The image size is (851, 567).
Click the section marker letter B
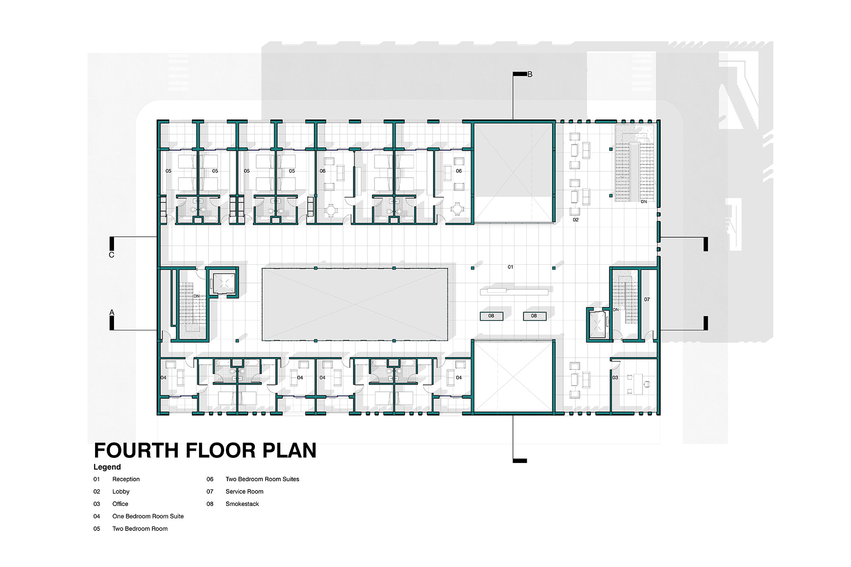530,74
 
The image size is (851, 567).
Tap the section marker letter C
112,255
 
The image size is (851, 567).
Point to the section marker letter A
112,312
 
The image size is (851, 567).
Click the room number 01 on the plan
511,267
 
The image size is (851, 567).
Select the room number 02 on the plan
576,220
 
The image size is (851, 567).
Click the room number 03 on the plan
615,378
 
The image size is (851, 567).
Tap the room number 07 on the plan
647,299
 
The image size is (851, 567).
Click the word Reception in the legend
126,479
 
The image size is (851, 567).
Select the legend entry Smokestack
242,504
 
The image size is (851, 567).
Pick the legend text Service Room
244,491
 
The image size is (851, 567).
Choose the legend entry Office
120,504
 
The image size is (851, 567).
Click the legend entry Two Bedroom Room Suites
262,479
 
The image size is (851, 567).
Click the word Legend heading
107,467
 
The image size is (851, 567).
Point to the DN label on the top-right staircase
644,202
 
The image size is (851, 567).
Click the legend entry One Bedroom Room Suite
148,516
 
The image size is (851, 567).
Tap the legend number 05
97,529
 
